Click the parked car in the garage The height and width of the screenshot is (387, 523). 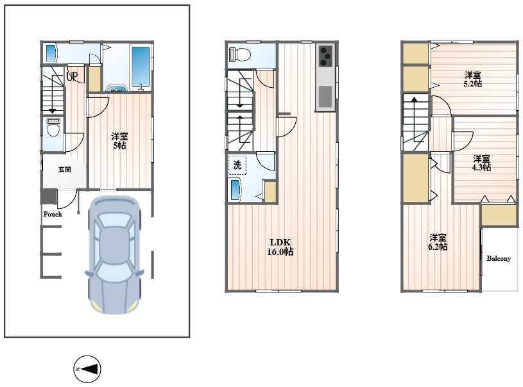(114, 255)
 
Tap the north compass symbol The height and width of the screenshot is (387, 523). (87, 369)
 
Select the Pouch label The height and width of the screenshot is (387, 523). (53, 214)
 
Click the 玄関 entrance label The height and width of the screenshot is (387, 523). (65, 170)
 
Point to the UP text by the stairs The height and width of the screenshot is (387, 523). (72, 77)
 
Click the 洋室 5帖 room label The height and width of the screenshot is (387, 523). (119, 141)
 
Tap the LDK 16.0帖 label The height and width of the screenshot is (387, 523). (280, 247)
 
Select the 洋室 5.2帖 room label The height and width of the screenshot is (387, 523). (473, 79)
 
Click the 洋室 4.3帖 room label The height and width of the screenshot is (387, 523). (481, 163)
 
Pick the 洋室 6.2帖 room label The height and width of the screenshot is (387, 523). (438, 242)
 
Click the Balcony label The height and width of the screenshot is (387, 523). (499, 258)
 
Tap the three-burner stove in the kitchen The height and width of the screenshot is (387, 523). (325, 56)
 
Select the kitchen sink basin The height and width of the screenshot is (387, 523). (325, 96)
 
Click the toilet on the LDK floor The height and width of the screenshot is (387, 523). (240, 54)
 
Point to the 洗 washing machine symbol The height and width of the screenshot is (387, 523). (237, 165)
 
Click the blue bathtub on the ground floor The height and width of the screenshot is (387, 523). (141, 67)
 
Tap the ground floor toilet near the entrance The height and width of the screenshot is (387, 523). (53, 127)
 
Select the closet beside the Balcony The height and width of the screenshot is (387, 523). (499, 215)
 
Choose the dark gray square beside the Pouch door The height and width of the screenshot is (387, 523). (49, 197)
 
